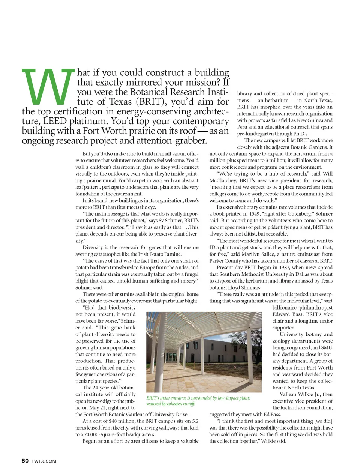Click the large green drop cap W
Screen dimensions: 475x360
48,87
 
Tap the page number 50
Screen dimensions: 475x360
25,461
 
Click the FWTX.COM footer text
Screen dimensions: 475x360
44,461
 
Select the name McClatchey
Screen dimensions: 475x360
223,180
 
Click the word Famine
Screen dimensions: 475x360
172,254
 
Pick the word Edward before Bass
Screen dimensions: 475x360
282,314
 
